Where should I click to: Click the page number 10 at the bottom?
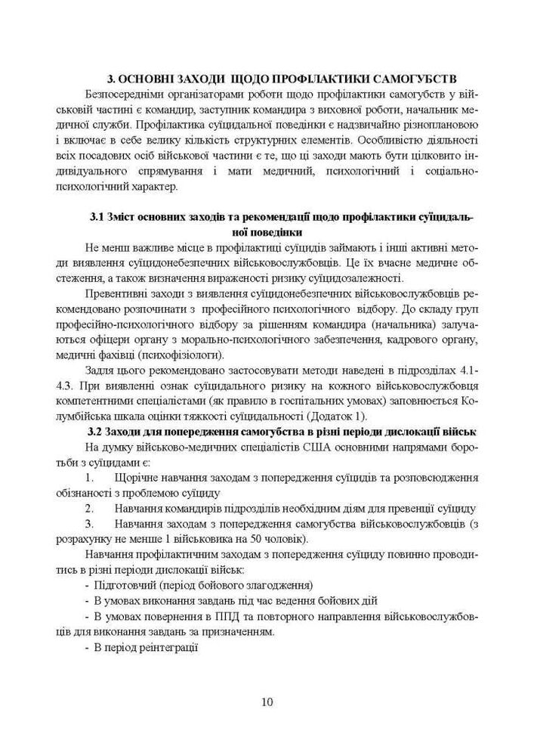(x=267, y=702)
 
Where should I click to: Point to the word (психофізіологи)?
(x=185, y=355)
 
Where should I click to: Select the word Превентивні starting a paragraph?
(x=118, y=293)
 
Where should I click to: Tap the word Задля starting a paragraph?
(x=101, y=370)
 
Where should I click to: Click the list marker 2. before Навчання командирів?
(x=89, y=509)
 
